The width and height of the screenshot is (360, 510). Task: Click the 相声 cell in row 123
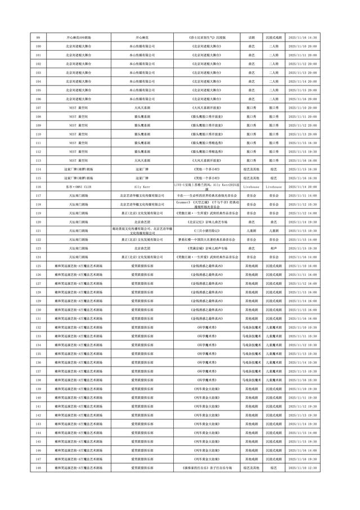point(274,248)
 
